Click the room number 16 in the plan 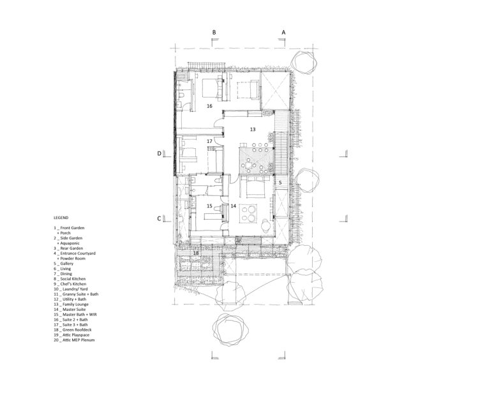tap(209, 106)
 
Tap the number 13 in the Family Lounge tap(253, 130)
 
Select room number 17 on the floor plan tap(209, 141)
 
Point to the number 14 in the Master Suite tap(233, 206)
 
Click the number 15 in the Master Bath tap(209, 206)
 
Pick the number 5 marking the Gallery tap(280, 183)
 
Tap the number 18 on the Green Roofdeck tap(196, 253)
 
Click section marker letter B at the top tap(214, 32)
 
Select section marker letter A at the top tap(283, 32)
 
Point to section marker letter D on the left tap(160, 153)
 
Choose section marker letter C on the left tap(159, 218)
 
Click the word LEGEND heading tap(61, 218)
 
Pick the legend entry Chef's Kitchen tap(73, 284)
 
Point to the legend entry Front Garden tap(72, 228)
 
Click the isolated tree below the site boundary tap(230, 330)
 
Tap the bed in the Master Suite tap(255, 187)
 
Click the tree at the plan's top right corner tap(304, 63)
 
